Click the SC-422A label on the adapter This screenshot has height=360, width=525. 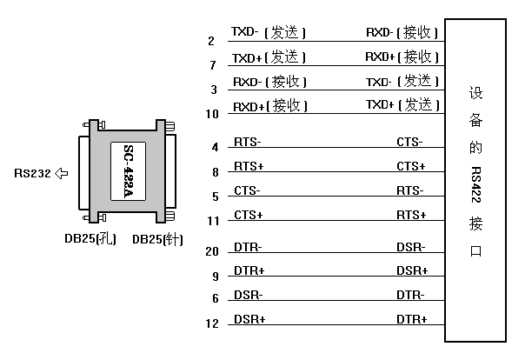[129, 171]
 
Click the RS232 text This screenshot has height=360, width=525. [32, 173]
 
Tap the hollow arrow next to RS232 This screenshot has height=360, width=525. [61, 173]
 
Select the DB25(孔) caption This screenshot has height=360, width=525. [90, 239]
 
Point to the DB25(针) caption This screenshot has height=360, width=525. [157, 239]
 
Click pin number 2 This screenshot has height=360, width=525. [211, 41]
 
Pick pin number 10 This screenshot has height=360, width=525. [212, 114]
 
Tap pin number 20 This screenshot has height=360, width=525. [212, 251]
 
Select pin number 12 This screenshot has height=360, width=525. [212, 323]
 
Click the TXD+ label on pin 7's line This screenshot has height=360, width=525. [247, 58]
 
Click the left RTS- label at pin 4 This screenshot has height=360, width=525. [248, 142]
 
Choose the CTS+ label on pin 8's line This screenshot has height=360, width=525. [411, 166]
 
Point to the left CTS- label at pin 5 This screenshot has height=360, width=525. [247, 191]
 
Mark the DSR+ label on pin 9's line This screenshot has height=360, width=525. [412, 270]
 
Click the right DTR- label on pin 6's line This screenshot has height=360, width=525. [410, 296]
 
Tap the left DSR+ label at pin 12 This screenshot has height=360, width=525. [249, 319]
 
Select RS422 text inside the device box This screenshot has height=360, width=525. [475, 184]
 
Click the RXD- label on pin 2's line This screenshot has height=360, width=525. [380, 32]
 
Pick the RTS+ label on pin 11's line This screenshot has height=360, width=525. [411, 215]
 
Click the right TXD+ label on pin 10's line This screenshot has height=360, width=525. [380, 105]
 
